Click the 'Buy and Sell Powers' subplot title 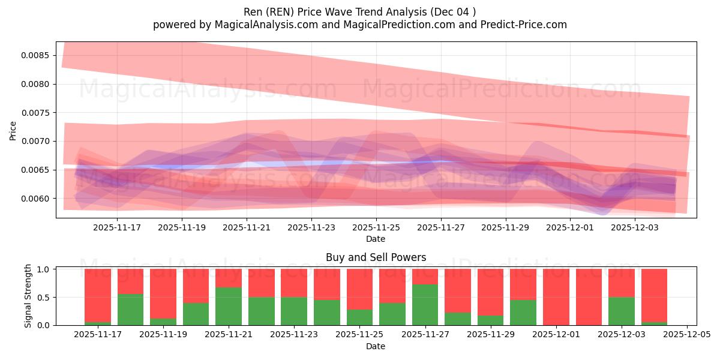(376, 257)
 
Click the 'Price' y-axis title (13, 130)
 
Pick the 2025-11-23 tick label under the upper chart (311, 227)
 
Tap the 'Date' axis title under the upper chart (376, 239)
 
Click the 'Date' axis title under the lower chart (376, 346)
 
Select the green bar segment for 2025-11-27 (425, 305)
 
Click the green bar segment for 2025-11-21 (229, 306)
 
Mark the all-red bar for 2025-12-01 (556, 297)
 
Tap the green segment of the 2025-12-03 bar (621, 311)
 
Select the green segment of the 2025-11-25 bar (359, 317)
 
